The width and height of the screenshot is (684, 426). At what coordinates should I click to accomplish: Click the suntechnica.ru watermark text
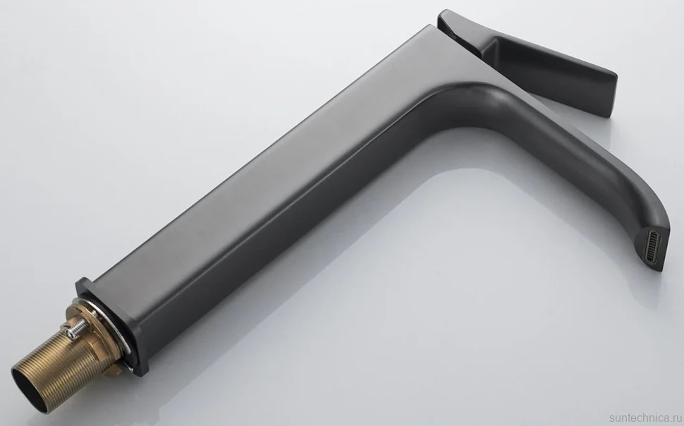tap(646, 418)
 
